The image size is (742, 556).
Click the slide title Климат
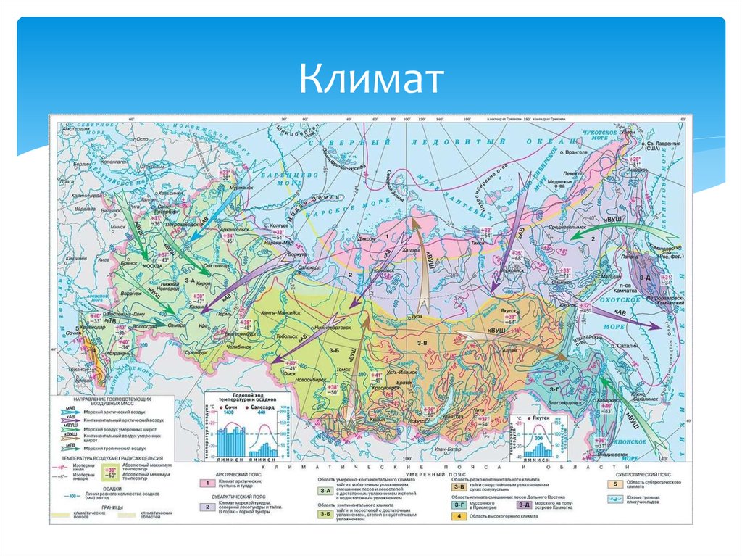click(370, 80)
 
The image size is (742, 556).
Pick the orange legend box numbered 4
click(458, 516)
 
